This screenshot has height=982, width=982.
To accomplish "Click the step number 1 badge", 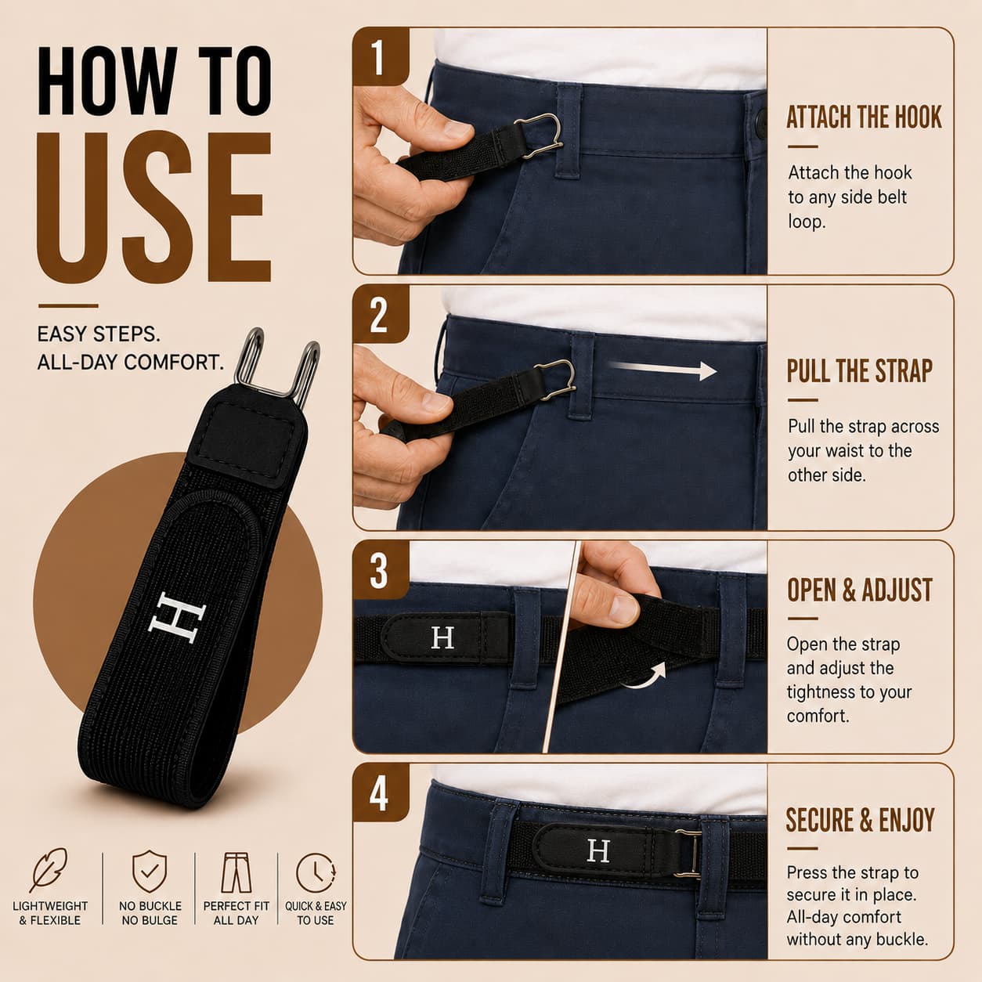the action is [x=380, y=56].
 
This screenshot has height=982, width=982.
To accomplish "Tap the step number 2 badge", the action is [x=380, y=314].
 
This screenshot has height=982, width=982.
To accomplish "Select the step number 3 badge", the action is [x=380, y=570].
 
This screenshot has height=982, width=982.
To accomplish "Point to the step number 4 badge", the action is [x=380, y=792].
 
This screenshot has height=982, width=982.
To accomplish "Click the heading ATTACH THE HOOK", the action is [x=864, y=117].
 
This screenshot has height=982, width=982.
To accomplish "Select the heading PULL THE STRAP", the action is [x=860, y=371].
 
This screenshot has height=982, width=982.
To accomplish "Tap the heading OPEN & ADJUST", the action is [x=860, y=590].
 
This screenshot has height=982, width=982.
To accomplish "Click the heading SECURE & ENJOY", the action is [x=860, y=820].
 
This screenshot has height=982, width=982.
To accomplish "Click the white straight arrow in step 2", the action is [x=663, y=369].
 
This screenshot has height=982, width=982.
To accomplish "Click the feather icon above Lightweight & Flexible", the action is [x=49, y=870].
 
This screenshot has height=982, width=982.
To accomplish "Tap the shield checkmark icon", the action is [x=150, y=871].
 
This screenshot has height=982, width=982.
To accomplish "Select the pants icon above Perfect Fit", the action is [x=236, y=872].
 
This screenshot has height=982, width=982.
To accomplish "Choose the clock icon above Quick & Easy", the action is [x=316, y=872].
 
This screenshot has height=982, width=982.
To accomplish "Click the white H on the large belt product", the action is [x=176, y=618].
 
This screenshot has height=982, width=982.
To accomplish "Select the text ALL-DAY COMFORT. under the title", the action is [x=131, y=363].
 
